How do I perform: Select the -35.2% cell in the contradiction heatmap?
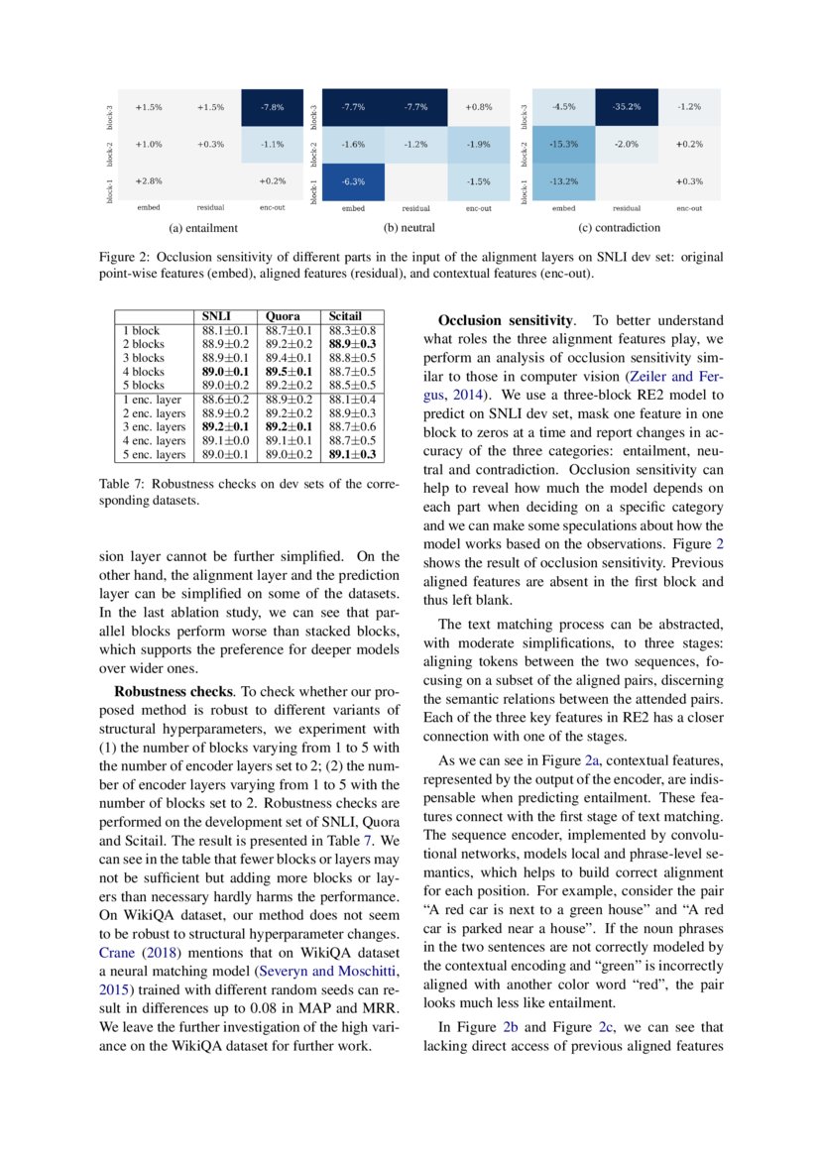626,107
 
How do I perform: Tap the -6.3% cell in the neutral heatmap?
352,181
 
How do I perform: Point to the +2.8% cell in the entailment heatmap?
148,181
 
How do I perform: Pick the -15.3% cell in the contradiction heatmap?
563,145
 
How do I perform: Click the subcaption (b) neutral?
410,228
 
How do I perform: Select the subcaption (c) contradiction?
620,228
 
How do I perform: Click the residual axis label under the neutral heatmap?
415,209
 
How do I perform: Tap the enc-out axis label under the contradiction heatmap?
688,209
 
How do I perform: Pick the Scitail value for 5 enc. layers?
352,455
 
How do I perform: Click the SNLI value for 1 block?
224,330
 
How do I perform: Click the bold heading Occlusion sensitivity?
506,320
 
